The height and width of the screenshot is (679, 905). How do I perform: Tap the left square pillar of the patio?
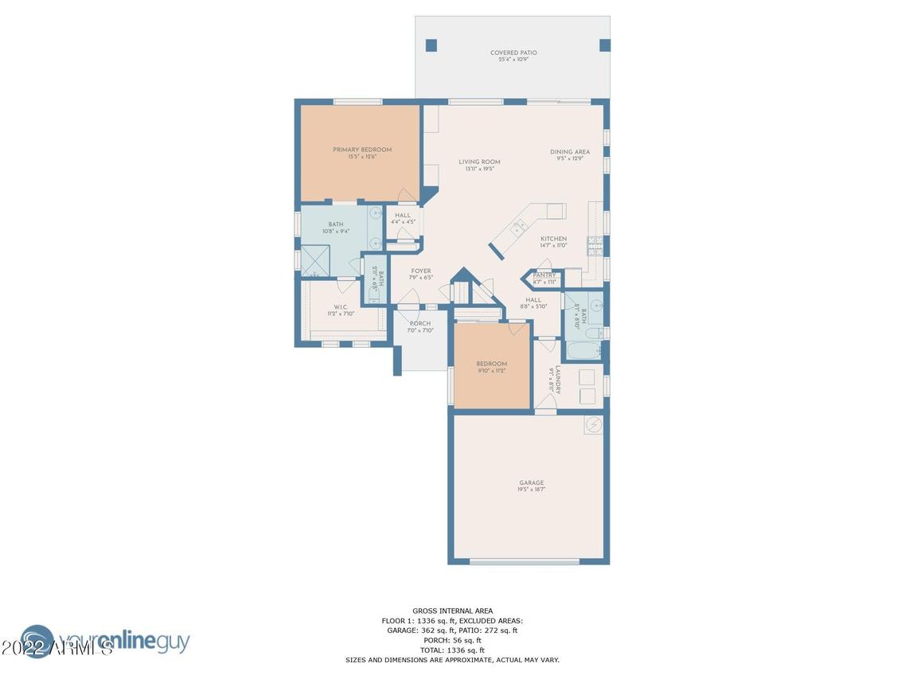coord(431,45)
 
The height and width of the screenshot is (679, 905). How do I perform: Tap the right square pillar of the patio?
coord(604,45)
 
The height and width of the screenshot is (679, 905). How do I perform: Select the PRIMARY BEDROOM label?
coord(362,150)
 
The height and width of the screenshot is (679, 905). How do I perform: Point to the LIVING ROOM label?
coord(479,162)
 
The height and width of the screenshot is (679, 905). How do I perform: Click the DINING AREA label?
coord(570,152)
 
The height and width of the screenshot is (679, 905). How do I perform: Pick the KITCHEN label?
coord(553,239)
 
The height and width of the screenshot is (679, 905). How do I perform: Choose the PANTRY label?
coord(544,275)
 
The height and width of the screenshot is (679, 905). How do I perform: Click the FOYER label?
coord(420,271)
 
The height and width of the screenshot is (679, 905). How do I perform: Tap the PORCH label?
coord(419,324)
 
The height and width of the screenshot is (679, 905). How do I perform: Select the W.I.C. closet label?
coord(341,307)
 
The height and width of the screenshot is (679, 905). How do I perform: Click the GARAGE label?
coord(532,483)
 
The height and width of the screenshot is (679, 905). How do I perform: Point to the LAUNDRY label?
coord(558,380)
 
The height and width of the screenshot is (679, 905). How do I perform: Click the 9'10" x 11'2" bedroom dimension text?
coord(491,371)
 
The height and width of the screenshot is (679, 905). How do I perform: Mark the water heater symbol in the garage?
coord(593,425)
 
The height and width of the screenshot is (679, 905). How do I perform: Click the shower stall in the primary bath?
coord(314,260)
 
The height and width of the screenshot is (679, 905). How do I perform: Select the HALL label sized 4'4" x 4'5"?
coord(403,215)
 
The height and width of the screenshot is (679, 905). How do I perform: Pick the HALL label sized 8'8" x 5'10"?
coord(533,300)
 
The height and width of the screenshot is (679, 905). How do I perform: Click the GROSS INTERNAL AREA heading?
coord(452,611)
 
